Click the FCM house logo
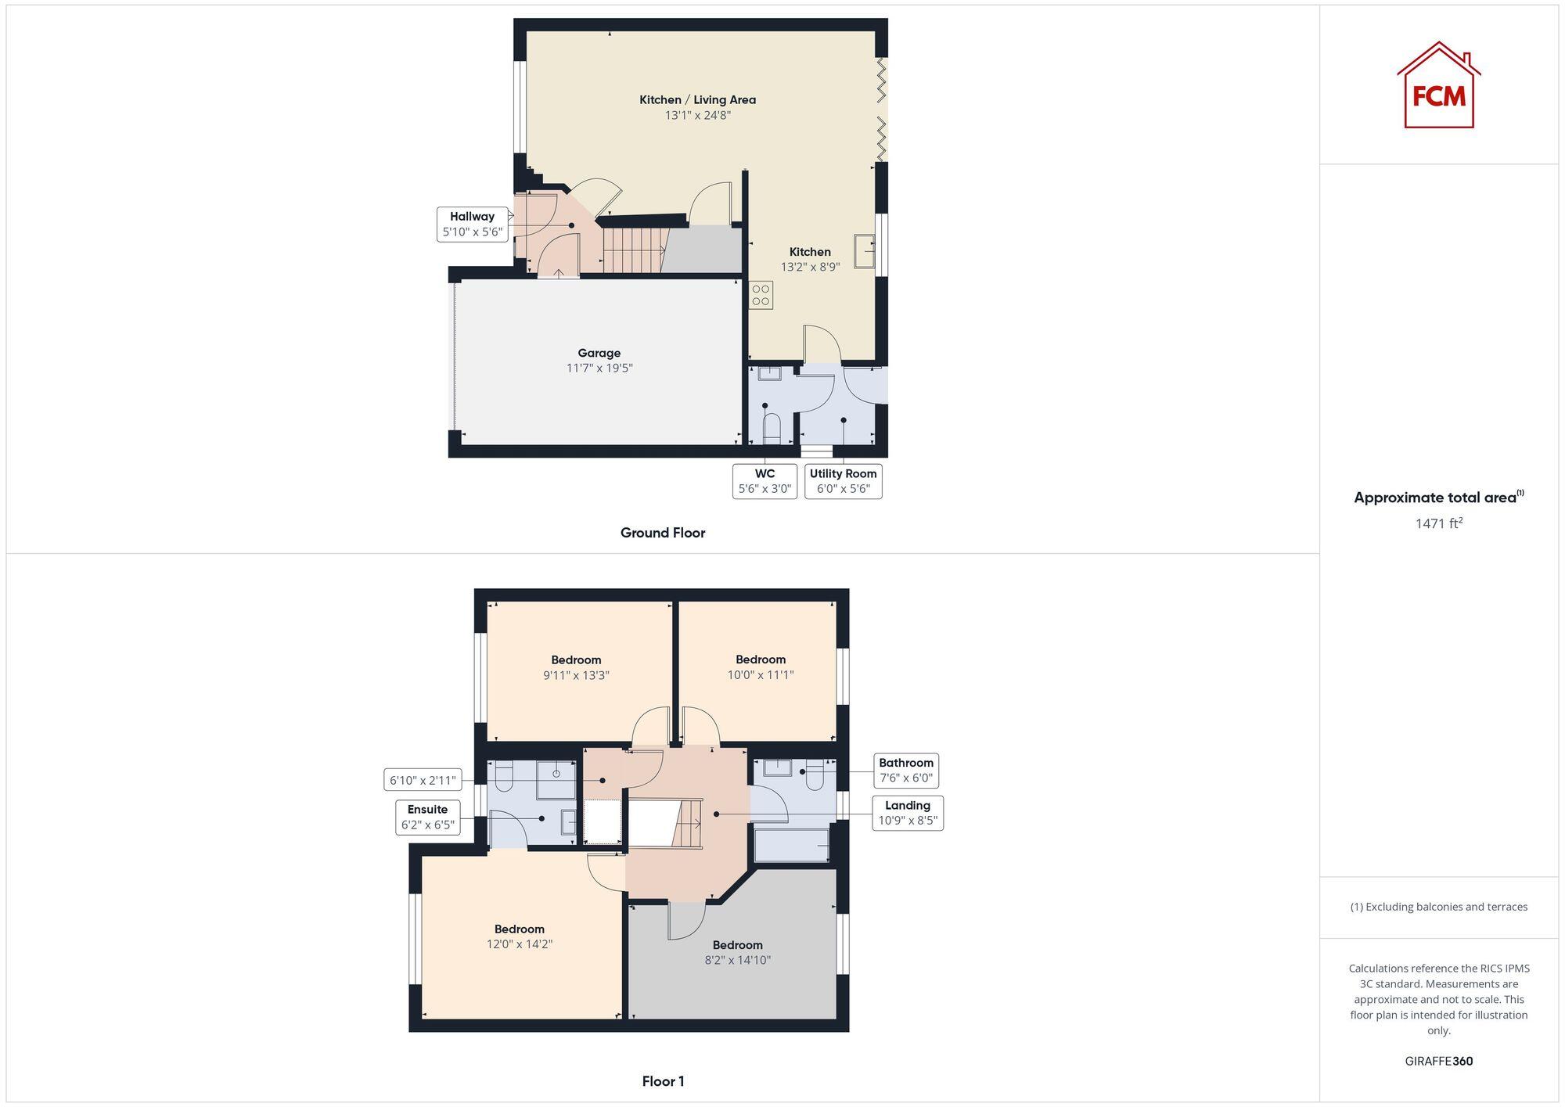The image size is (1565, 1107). (1438, 86)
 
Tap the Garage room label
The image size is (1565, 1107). (599, 354)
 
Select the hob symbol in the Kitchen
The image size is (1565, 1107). (761, 295)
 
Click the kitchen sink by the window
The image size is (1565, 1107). (864, 251)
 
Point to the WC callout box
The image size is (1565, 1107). (765, 481)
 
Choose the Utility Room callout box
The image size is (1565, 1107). (843, 481)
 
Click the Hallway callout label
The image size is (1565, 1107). (472, 224)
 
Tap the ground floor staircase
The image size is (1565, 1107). (632, 250)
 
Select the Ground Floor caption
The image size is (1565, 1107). (663, 533)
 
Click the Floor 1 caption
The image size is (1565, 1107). (663, 1081)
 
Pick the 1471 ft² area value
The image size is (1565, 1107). (1438, 523)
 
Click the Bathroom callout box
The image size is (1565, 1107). (905, 771)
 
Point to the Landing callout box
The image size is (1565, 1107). (907, 813)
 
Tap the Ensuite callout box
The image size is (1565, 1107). (427, 817)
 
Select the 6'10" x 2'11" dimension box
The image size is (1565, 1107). (423, 780)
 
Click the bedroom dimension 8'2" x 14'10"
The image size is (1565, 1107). (737, 960)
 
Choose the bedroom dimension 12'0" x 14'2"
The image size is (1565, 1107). (520, 944)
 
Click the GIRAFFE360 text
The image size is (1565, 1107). (1438, 1062)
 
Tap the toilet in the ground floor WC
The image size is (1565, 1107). (772, 429)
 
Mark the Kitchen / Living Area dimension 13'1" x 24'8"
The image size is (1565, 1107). (698, 115)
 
